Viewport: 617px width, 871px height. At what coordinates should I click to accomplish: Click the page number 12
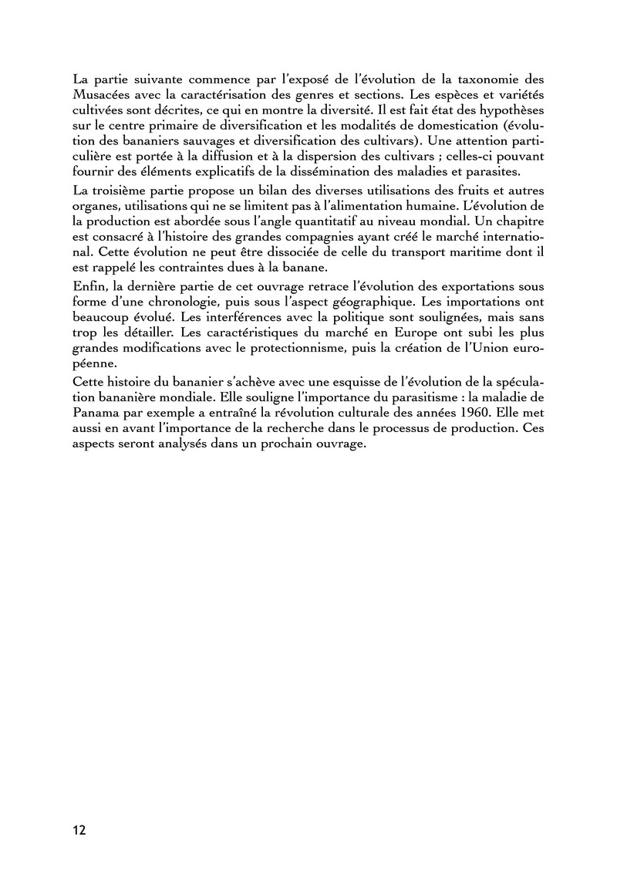(79, 830)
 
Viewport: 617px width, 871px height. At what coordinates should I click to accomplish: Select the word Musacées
(99, 94)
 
